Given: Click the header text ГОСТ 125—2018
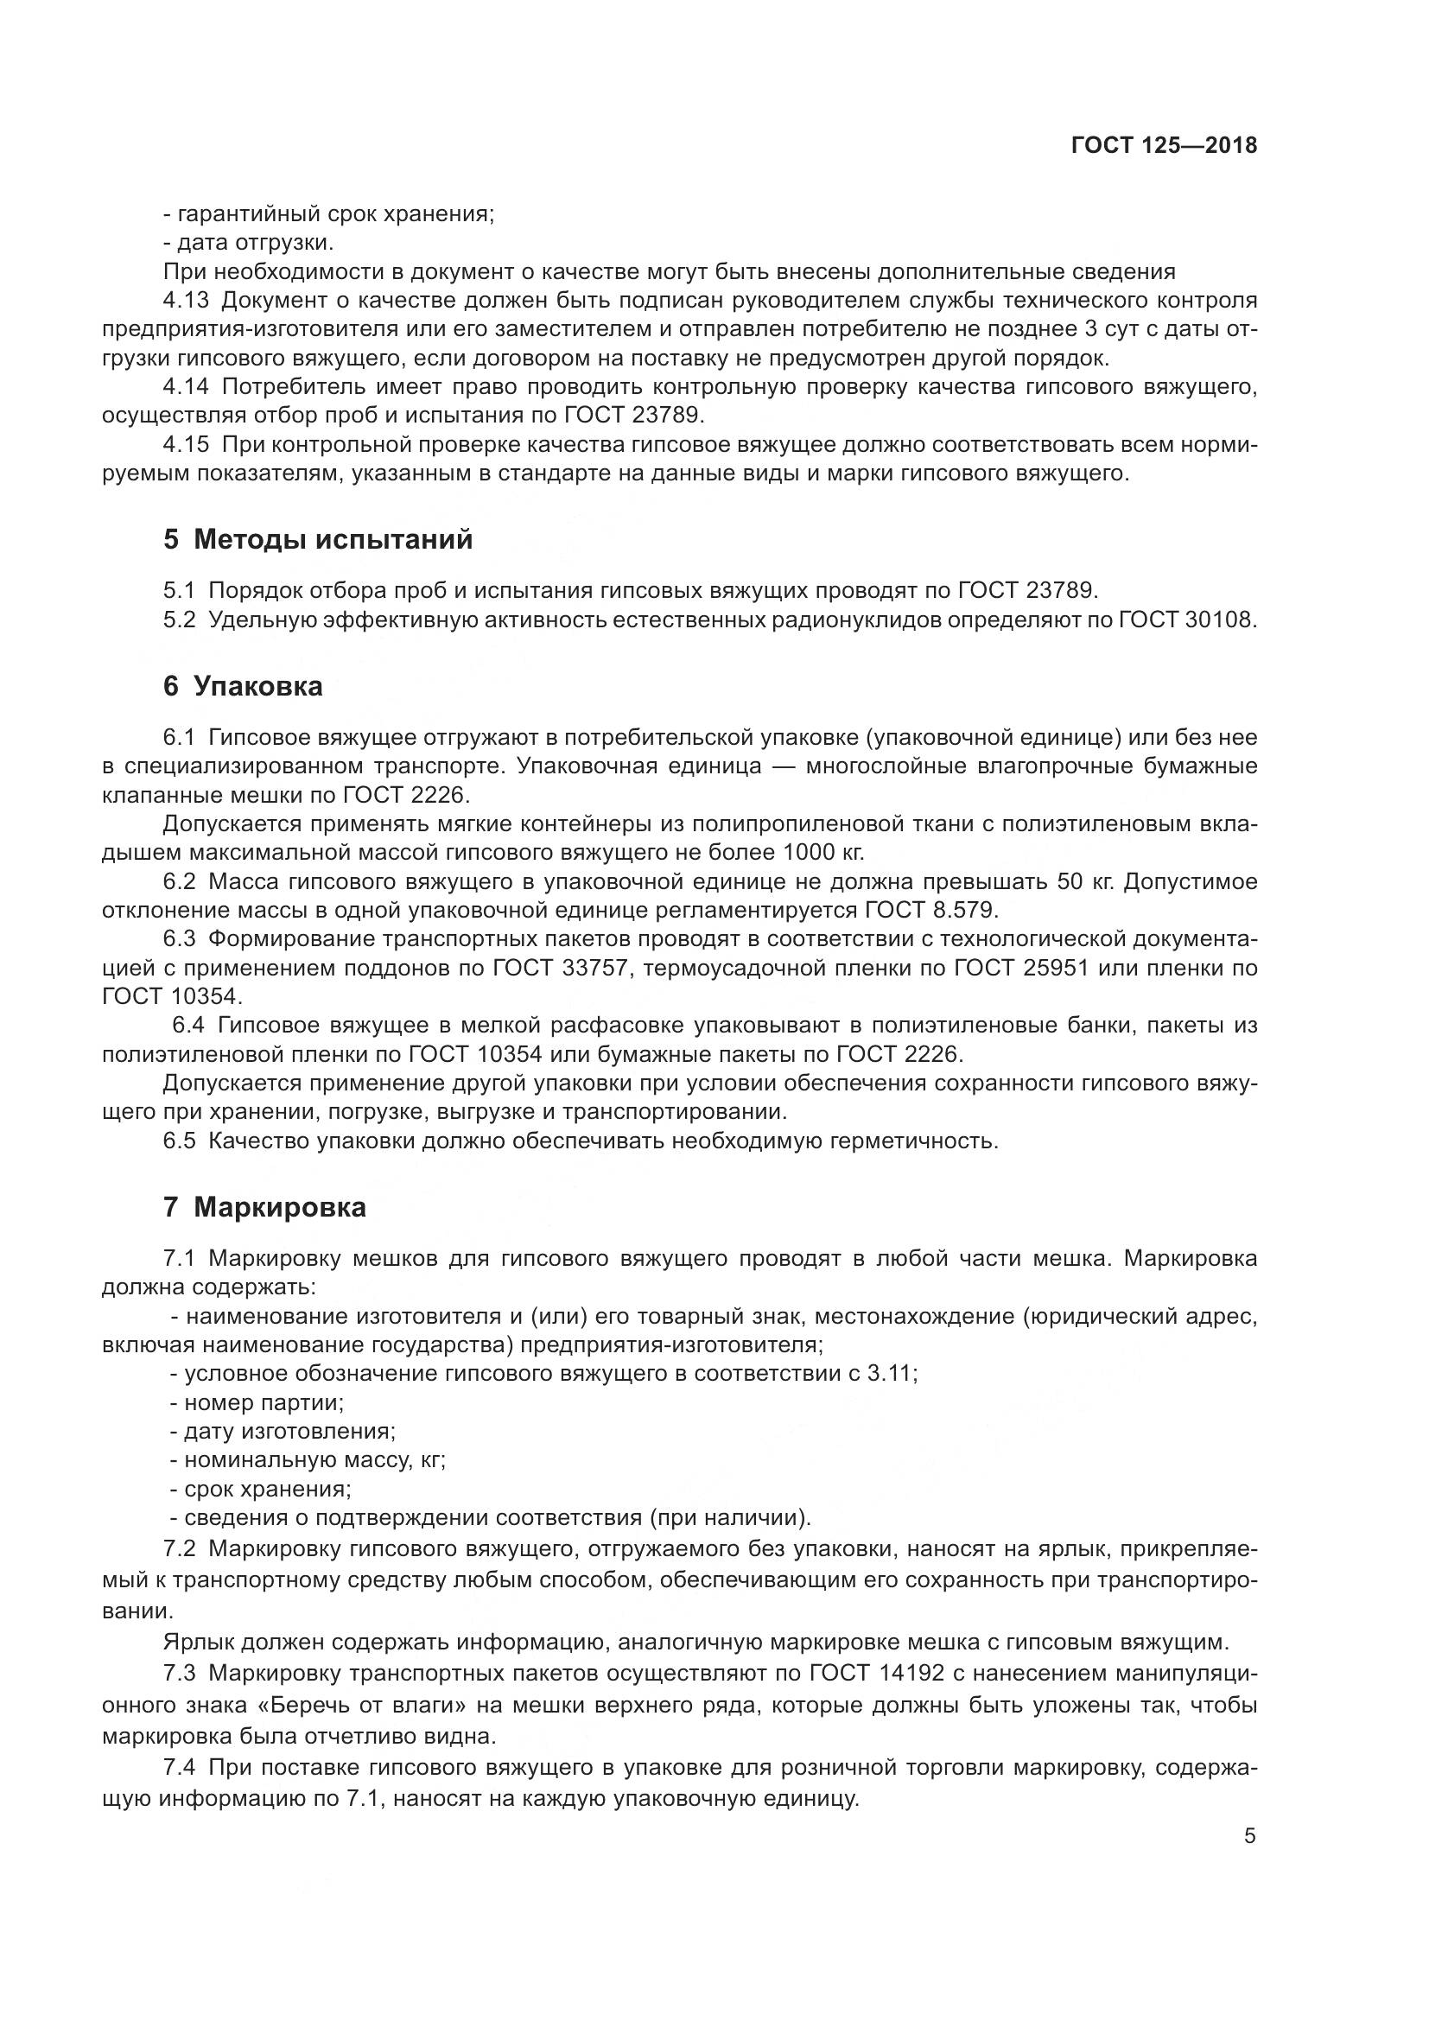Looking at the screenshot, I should [x=1164, y=145].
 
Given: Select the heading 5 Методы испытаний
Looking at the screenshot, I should [x=318, y=538].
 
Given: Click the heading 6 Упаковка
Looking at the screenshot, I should [x=243, y=686].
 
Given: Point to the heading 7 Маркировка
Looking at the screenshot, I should [x=265, y=1207].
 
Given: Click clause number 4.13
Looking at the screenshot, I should [x=186, y=300].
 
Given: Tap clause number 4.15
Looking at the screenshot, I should [x=186, y=444].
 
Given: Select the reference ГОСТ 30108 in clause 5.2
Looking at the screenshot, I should [x=1184, y=619].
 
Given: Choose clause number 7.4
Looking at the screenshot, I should [x=184, y=1767].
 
